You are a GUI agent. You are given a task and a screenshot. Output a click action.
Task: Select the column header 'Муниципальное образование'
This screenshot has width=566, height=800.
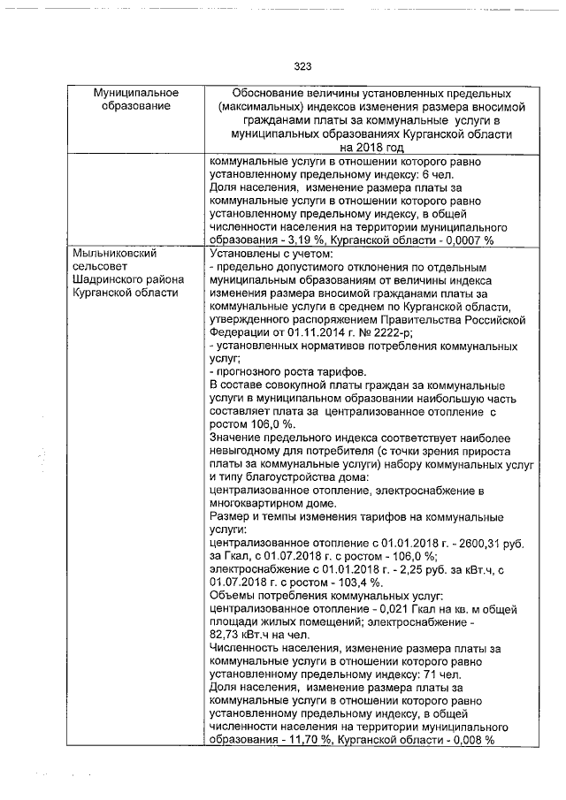137,100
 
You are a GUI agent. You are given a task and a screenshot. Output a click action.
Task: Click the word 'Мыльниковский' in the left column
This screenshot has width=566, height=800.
116,254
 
